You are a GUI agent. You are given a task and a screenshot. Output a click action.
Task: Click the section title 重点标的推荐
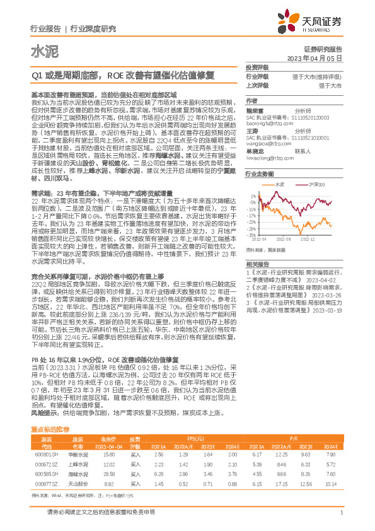click(x=50, y=429)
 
